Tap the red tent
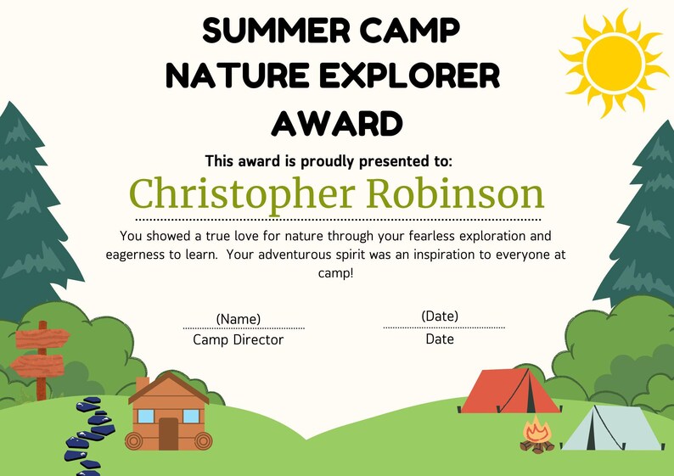pyautogui.click(x=506, y=391)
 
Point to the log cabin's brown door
pyautogui.click(x=168, y=434)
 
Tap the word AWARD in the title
pyautogui.click(x=337, y=123)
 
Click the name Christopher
pyautogui.click(x=240, y=193)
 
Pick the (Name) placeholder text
pyautogui.click(x=239, y=319)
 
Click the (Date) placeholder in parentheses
pyautogui.click(x=440, y=316)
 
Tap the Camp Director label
pyautogui.click(x=239, y=340)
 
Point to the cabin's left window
pyautogui.click(x=146, y=416)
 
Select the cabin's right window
pyautogui.click(x=191, y=416)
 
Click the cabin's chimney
pyautogui.click(x=143, y=384)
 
